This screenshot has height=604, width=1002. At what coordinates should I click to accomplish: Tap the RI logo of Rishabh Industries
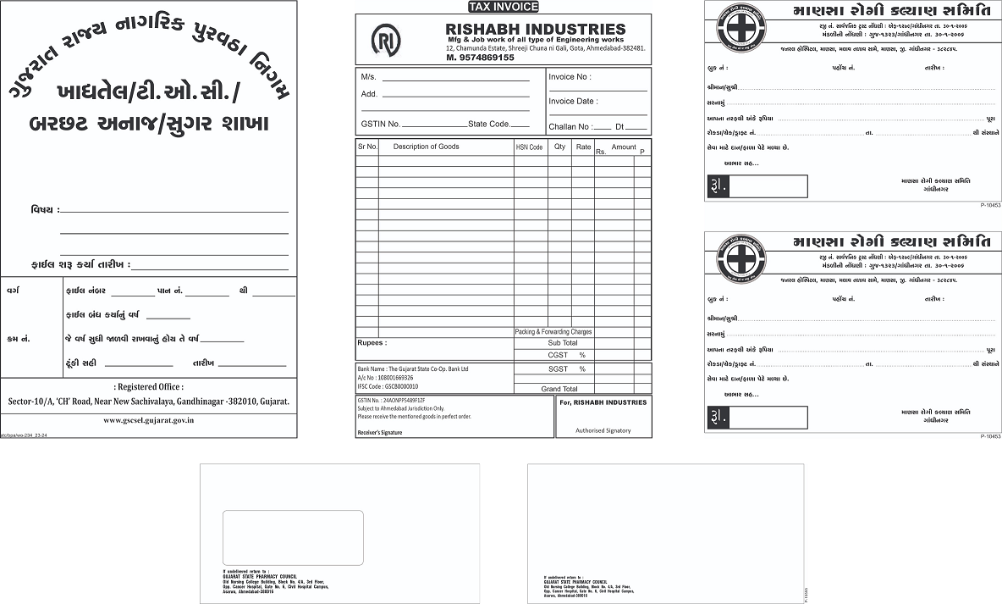386,40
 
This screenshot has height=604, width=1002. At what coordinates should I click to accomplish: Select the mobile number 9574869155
481,58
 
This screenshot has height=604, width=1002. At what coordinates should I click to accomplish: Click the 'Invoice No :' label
570,77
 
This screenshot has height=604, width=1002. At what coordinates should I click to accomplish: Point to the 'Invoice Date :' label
573,102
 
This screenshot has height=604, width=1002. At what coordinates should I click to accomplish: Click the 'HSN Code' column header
529,147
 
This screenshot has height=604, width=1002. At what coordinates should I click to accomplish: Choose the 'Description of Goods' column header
426,147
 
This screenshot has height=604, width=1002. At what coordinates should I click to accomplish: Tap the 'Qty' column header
559,147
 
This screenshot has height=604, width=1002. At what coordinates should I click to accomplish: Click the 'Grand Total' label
559,389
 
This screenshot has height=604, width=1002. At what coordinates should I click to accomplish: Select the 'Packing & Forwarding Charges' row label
553,332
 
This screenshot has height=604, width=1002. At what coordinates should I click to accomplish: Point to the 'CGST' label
559,355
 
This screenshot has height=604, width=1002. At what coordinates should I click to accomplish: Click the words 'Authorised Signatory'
603,430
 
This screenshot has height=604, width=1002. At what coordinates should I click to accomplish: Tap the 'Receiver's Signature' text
380,432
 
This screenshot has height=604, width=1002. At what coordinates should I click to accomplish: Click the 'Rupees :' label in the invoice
372,343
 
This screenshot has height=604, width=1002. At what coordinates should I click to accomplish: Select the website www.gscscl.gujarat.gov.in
149,419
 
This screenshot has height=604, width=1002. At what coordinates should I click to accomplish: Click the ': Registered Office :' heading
148,386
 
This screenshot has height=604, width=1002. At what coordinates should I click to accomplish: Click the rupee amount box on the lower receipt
767,418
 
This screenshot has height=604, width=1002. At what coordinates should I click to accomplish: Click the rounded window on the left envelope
293,537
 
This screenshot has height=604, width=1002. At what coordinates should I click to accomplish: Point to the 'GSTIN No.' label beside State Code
380,125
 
